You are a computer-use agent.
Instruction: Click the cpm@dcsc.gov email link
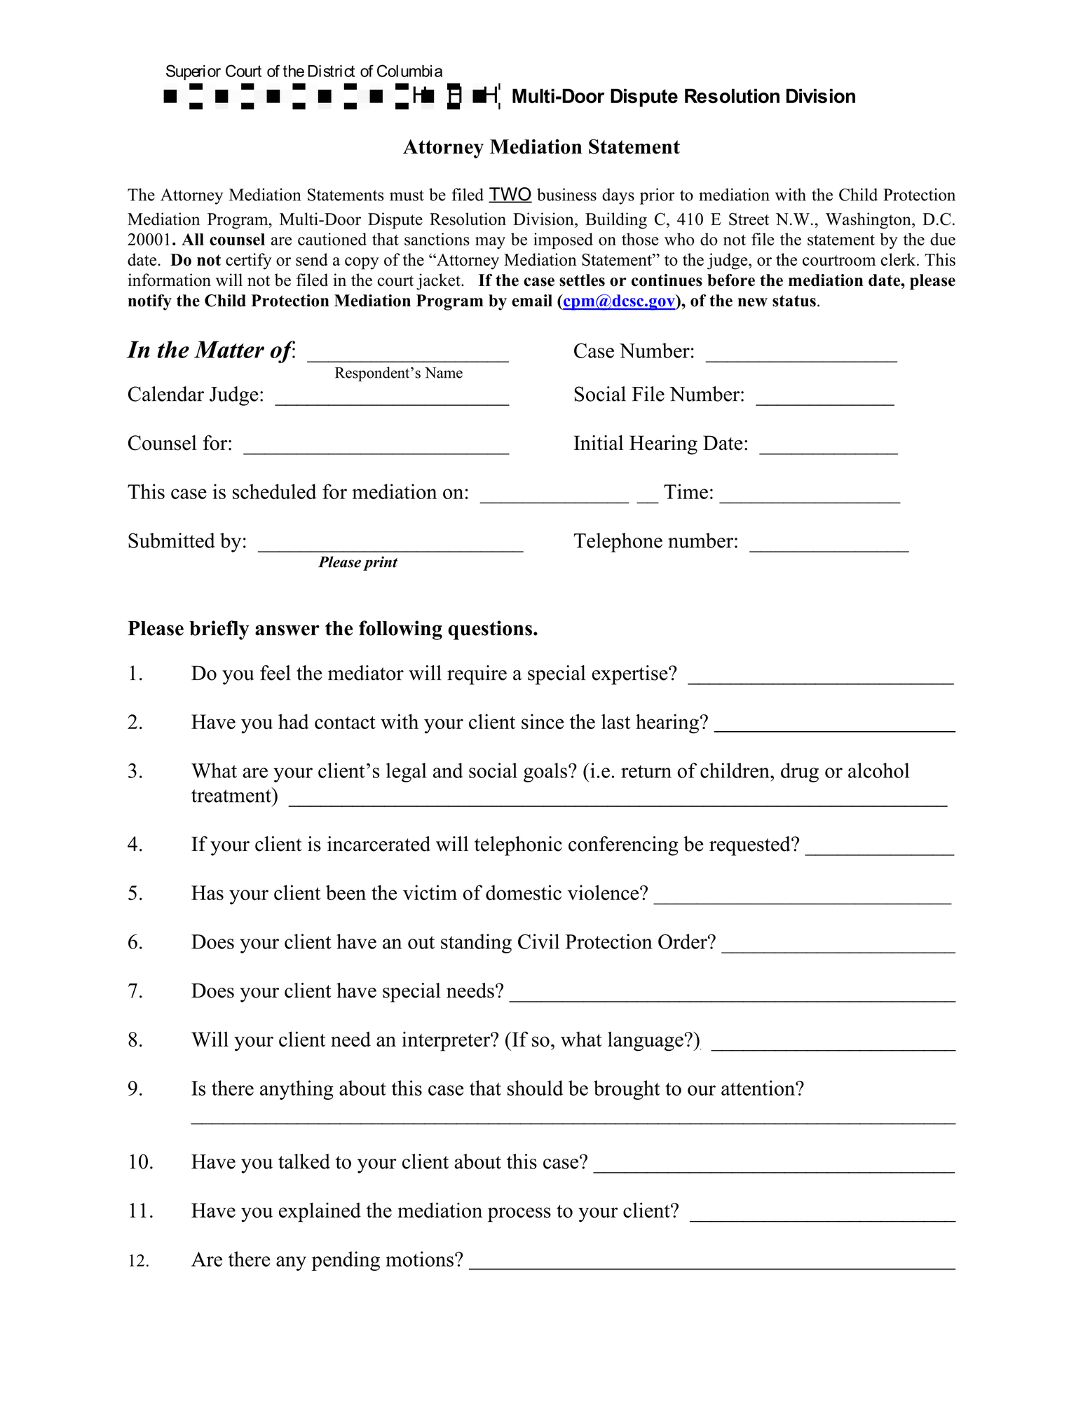pos(618,301)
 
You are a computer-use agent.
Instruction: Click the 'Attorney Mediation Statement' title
pos(541,147)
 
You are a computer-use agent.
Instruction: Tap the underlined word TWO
pos(510,194)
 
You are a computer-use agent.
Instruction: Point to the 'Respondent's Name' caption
pos(398,373)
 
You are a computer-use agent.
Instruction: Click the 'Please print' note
pos(357,562)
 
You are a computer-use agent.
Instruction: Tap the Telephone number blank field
pos(829,545)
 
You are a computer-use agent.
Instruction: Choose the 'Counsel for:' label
pos(179,444)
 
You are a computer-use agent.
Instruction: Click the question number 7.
pos(135,991)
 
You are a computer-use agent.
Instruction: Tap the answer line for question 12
pos(711,1262)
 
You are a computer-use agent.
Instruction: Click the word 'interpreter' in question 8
pos(449,1040)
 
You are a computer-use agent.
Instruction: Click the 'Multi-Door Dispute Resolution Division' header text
pos(683,97)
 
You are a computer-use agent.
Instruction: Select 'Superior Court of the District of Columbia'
pos(304,72)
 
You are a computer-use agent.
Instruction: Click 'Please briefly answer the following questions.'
pos(332,629)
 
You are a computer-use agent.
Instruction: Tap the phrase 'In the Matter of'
pos(209,350)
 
